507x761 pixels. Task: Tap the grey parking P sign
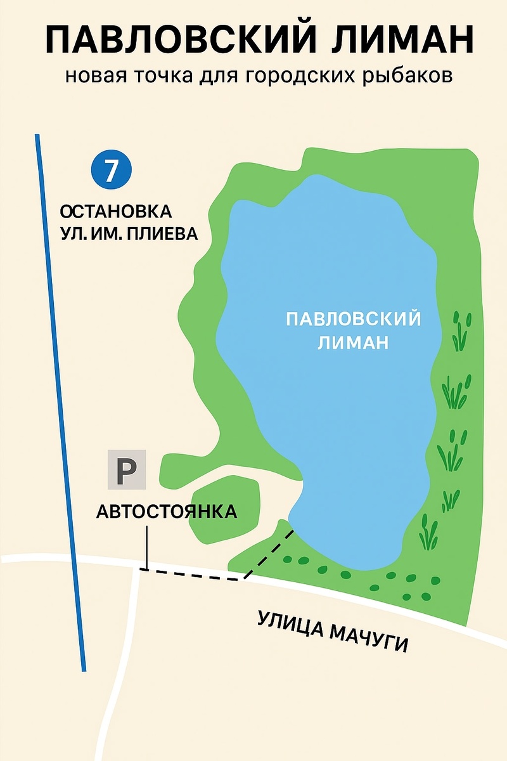click(127, 470)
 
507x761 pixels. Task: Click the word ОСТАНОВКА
click(115, 211)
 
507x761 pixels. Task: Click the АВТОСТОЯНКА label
click(167, 511)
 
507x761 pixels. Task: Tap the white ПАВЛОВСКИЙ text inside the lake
click(353, 318)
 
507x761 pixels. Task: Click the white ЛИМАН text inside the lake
click(353, 342)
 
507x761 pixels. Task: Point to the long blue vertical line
click(60, 400)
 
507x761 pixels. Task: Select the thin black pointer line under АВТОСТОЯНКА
click(147, 545)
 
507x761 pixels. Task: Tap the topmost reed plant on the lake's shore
click(461, 330)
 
